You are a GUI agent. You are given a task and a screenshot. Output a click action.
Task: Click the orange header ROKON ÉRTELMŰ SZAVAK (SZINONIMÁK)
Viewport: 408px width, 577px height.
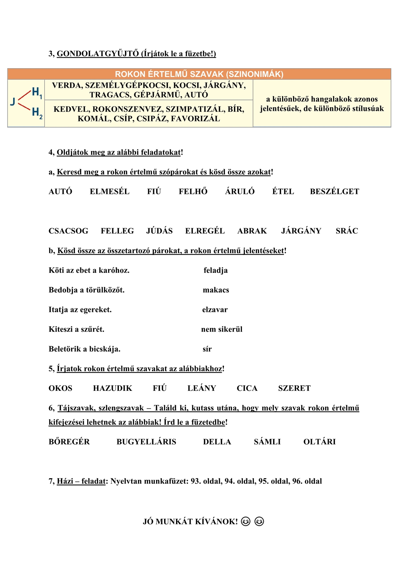[x=199, y=74]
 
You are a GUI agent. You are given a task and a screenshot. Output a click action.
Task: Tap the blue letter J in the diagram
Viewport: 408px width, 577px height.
[x=13, y=102]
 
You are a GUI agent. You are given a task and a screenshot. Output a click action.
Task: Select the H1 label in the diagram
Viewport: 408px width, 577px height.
[x=37, y=92]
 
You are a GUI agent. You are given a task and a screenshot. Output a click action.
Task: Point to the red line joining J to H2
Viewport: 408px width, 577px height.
[x=24, y=107]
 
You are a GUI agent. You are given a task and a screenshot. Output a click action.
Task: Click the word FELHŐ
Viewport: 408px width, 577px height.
[x=193, y=191]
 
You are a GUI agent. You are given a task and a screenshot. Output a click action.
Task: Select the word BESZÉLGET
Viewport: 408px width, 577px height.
[x=334, y=191]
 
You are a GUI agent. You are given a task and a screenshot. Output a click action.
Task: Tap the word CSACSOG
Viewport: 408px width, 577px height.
[x=68, y=231]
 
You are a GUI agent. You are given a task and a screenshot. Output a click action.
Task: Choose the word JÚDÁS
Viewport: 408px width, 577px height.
[x=159, y=231]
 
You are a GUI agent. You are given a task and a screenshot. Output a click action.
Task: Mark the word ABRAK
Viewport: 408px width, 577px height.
[x=252, y=231]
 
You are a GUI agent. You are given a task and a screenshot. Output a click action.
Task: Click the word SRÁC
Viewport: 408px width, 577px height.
[x=346, y=231]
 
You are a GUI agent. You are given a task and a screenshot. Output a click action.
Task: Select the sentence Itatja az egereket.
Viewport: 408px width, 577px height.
[x=80, y=310]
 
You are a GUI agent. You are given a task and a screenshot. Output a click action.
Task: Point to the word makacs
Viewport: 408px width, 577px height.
[x=216, y=290]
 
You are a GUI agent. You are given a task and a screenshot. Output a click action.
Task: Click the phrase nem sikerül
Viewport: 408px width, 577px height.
[x=222, y=329]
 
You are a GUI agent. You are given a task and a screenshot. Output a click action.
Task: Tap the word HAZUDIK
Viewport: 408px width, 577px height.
[x=112, y=388]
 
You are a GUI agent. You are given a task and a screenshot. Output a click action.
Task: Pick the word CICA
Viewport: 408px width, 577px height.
[x=247, y=388]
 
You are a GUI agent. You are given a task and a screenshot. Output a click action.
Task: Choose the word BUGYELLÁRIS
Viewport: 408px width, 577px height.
[x=146, y=442]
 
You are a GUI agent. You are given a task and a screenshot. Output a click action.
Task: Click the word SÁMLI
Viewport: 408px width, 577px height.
[x=267, y=442]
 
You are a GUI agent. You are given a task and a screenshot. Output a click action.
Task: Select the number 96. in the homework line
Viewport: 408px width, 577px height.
[x=297, y=481]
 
